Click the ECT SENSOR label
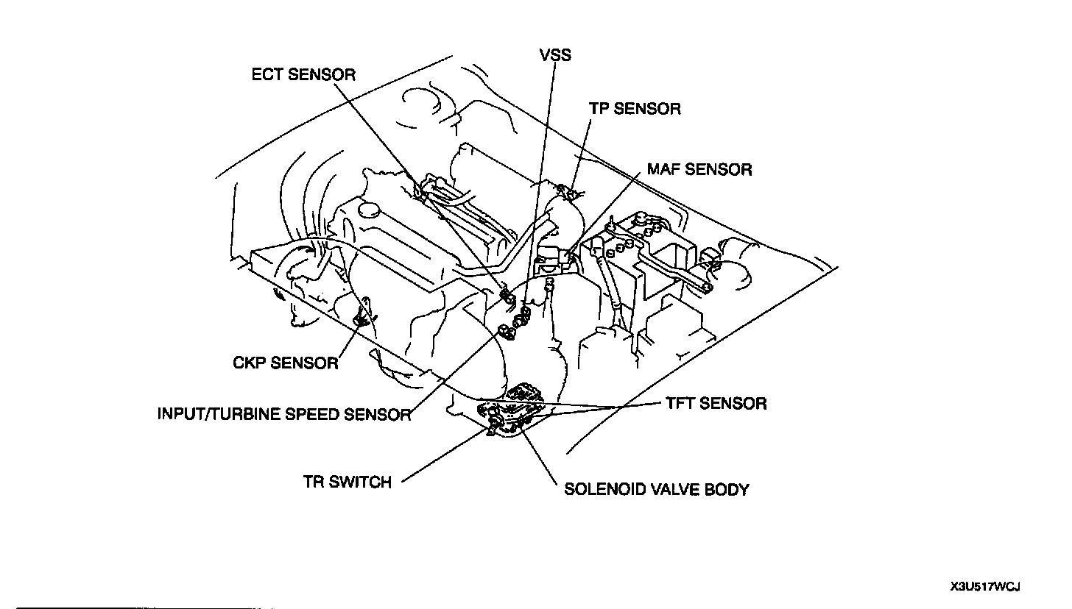click(x=303, y=74)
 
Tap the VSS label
click(x=555, y=56)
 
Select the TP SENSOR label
click(x=635, y=109)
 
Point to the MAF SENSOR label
click(x=699, y=169)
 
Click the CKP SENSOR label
click(x=285, y=363)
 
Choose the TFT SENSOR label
click(x=716, y=403)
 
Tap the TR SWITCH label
click(x=347, y=482)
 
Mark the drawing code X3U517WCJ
click(x=984, y=587)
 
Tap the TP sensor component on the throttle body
click(x=568, y=193)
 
